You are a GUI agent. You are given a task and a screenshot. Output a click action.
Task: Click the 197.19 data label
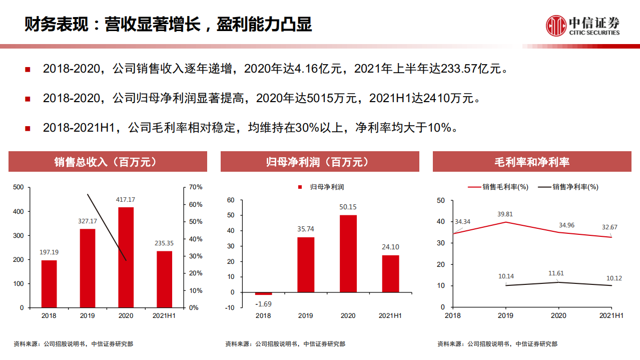click(49, 252)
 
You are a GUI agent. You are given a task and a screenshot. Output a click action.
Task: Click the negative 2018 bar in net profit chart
click(263, 293)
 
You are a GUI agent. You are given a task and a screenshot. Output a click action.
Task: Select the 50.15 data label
click(348, 207)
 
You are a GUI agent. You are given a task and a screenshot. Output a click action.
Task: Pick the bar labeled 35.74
click(306, 264)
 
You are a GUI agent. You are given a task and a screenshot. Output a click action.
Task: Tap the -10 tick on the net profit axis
click(230, 307)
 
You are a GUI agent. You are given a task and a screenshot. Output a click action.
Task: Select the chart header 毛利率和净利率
click(532, 162)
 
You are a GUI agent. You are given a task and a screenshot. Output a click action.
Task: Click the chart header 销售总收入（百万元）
click(108, 162)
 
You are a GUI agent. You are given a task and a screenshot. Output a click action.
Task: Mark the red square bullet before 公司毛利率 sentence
click(28, 129)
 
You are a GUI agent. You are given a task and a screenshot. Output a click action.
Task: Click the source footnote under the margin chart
click(497, 344)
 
